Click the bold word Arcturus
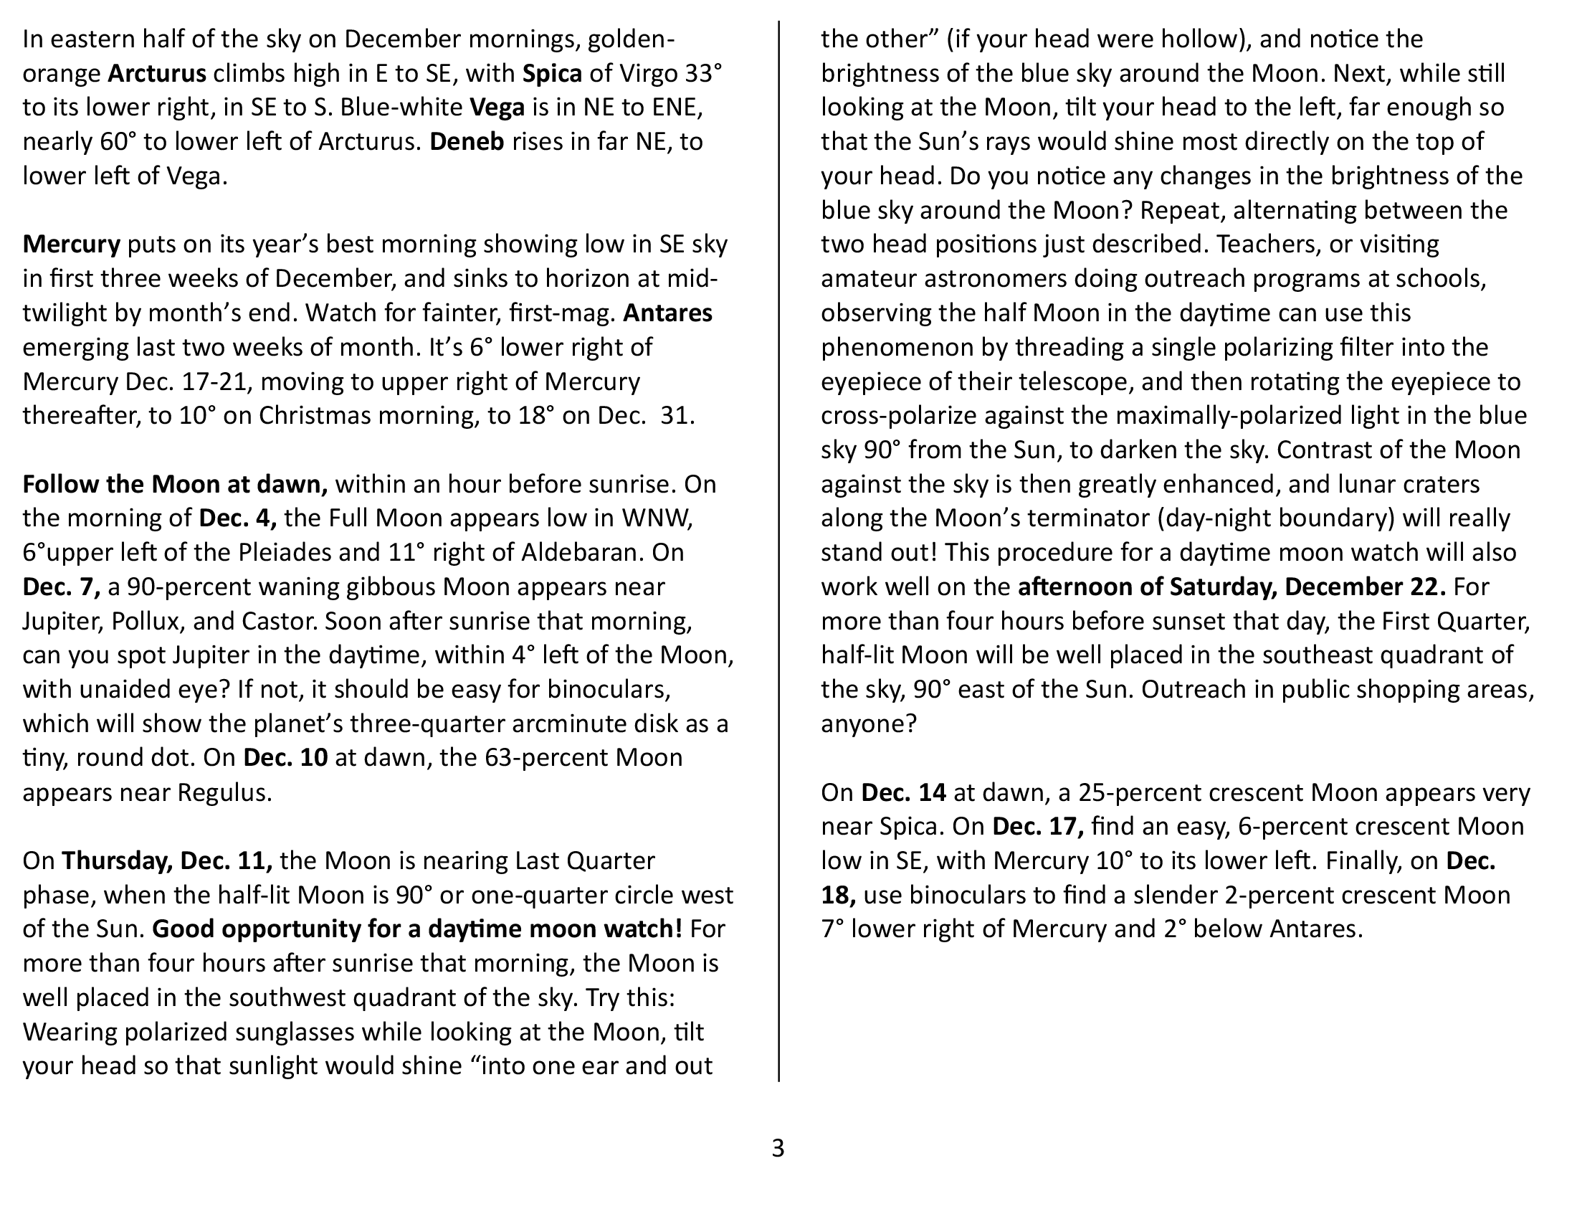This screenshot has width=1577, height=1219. tap(157, 74)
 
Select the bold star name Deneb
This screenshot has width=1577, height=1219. tap(467, 141)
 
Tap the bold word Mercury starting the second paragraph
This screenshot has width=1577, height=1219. tap(71, 245)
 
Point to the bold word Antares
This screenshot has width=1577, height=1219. tap(667, 313)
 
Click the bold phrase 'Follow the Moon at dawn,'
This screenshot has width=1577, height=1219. tap(175, 484)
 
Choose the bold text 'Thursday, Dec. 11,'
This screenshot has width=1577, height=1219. tap(167, 860)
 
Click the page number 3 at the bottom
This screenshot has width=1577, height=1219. tap(778, 1147)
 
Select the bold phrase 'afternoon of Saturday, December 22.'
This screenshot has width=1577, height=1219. tap(1231, 587)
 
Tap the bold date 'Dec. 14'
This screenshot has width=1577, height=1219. tap(903, 793)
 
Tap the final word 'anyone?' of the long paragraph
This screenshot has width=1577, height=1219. tap(868, 724)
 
